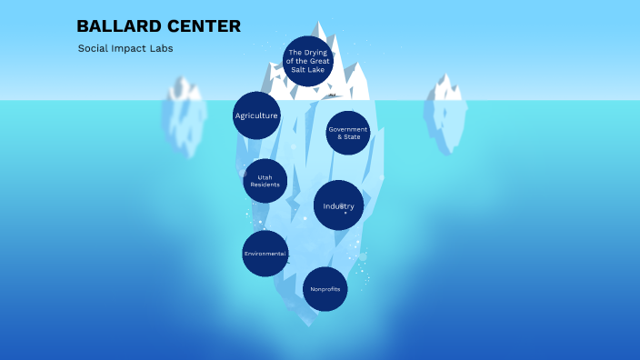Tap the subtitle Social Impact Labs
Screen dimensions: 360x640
125,48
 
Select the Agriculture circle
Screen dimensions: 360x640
256,115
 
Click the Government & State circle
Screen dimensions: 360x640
348,133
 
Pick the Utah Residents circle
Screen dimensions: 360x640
265,181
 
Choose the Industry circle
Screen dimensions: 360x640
338,205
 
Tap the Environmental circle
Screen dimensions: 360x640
265,253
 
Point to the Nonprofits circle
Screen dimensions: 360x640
325,289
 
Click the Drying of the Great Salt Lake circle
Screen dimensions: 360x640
308,61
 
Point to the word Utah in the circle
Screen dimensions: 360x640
265,176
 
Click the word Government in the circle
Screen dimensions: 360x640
348,129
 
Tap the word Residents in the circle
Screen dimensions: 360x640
265,185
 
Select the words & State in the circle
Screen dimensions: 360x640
348,136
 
